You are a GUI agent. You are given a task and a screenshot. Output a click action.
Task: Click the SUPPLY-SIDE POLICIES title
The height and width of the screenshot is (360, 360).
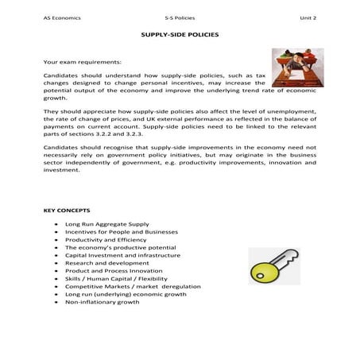pos(180,36)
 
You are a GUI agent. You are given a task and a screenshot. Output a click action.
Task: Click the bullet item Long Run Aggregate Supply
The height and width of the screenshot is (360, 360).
pos(103,225)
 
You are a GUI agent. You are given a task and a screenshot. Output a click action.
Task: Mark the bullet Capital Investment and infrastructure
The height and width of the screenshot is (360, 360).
pos(116,255)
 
